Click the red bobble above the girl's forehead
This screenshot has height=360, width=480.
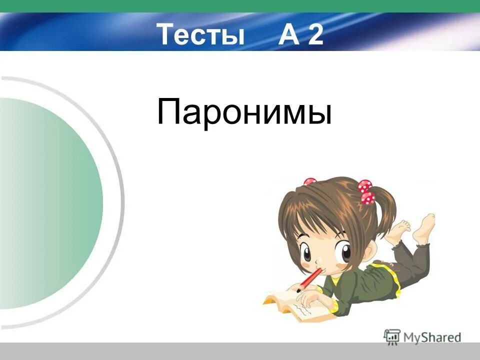[x=310, y=182]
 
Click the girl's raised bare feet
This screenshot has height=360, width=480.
[x=417, y=228]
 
